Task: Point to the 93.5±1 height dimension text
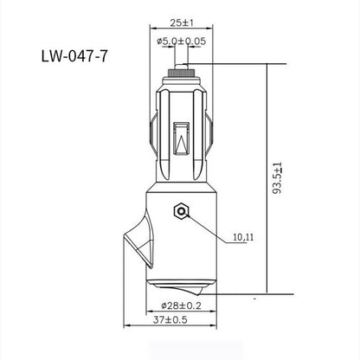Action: pos(275,177)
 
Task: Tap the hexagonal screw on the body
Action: pos(182,210)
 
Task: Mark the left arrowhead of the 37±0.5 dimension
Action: pos(127,327)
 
